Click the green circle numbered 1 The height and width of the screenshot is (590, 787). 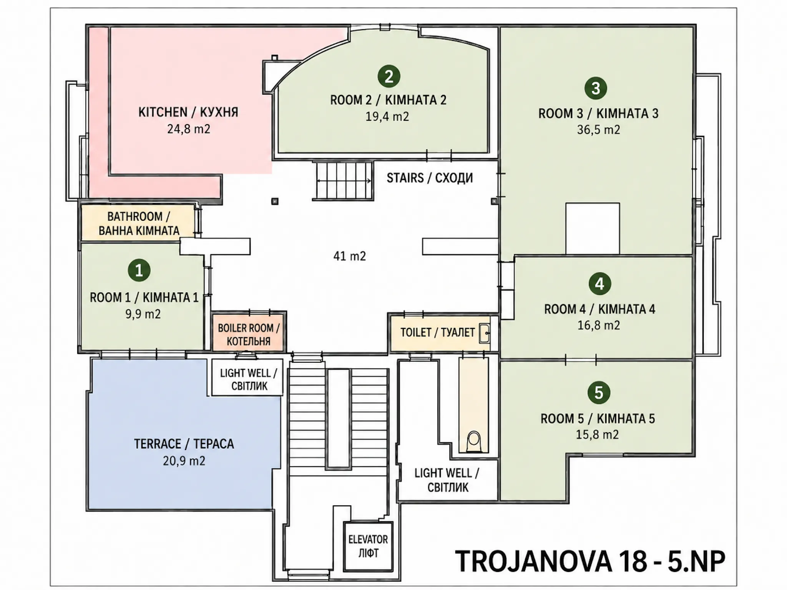click(x=139, y=270)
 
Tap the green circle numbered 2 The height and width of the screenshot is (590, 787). click(x=389, y=76)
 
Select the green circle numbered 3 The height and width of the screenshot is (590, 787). click(x=596, y=88)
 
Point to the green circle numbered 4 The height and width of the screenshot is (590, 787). click(x=599, y=284)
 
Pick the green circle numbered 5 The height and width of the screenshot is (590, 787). click(x=599, y=393)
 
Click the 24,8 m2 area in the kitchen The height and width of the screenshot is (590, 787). click(x=189, y=129)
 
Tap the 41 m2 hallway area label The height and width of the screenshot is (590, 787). click(x=350, y=256)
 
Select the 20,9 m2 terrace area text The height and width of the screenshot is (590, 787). click(x=184, y=460)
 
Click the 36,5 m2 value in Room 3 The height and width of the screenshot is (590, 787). click(x=598, y=130)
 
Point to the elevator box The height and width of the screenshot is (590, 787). click(x=368, y=546)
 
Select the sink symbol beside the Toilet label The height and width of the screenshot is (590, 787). click(x=485, y=333)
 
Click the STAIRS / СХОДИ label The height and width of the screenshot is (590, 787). click(x=430, y=178)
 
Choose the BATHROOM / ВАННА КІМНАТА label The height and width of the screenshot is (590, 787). click(x=139, y=223)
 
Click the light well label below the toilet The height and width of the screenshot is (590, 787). click(x=447, y=480)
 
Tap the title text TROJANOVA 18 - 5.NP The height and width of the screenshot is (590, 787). click(x=590, y=561)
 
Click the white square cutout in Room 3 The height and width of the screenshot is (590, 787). click(x=593, y=228)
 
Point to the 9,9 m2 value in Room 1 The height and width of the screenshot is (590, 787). click(x=143, y=314)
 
